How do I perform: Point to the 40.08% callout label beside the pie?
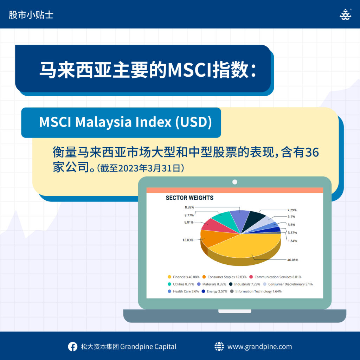(x=292, y=260)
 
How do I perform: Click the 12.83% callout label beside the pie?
(x=188, y=240)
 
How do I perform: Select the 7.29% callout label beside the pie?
(x=292, y=210)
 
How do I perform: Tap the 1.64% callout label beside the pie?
(x=292, y=241)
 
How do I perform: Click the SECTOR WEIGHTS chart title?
(x=189, y=198)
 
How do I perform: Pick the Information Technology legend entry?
(x=256, y=291)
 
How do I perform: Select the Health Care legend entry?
(x=183, y=291)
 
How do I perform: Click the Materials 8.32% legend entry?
(x=211, y=284)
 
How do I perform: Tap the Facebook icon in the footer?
(x=72, y=347)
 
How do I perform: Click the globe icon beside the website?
(x=219, y=346)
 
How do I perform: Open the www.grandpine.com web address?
(x=260, y=347)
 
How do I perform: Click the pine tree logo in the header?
(x=346, y=14)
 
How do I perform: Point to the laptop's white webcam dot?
(x=234, y=182)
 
